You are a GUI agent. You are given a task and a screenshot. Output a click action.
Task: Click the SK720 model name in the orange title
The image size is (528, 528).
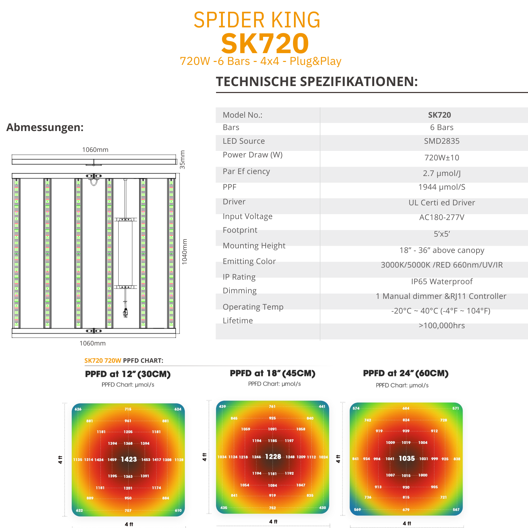click(265, 44)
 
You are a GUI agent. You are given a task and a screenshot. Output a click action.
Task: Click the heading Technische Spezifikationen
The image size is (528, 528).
click(317, 81)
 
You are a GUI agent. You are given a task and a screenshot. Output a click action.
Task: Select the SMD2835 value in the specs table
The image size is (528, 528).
click(442, 141)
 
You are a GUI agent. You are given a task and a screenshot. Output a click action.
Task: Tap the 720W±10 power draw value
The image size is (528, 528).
click(442, 158)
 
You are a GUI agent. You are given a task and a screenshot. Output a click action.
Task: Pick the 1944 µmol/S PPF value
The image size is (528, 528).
click(442, 187)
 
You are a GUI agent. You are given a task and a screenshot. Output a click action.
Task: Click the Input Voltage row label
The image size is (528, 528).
click(247, 216)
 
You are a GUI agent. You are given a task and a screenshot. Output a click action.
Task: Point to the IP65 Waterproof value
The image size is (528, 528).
click(442, 282)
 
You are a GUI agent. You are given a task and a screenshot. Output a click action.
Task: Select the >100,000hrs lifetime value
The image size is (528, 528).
click(442, 326)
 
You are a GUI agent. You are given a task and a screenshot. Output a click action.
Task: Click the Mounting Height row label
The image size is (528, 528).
click(254, 246)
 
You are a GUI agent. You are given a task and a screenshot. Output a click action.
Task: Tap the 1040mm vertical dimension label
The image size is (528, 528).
click(185, 252)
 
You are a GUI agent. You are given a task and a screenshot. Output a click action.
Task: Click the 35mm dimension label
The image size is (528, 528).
click(183, 160)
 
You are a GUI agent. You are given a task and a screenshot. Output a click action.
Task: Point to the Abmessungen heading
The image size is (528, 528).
click(45, 127)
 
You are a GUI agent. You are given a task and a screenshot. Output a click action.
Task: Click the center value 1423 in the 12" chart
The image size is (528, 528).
click(129, 459)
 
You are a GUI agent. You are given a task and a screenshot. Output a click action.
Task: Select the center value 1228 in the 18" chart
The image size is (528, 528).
click(273, 457)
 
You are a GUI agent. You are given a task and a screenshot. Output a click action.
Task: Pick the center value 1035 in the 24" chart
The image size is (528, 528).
click(407, 459)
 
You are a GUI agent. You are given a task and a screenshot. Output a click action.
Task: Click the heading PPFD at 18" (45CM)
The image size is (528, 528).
click(272, 374)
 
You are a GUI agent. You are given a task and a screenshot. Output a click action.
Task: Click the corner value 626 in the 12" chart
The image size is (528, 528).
click(78, 409)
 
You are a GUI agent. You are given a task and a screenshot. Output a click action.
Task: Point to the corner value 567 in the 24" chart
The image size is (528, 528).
click(456, 510)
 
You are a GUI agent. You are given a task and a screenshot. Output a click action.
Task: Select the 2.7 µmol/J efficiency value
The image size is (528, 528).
click(442, 173)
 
